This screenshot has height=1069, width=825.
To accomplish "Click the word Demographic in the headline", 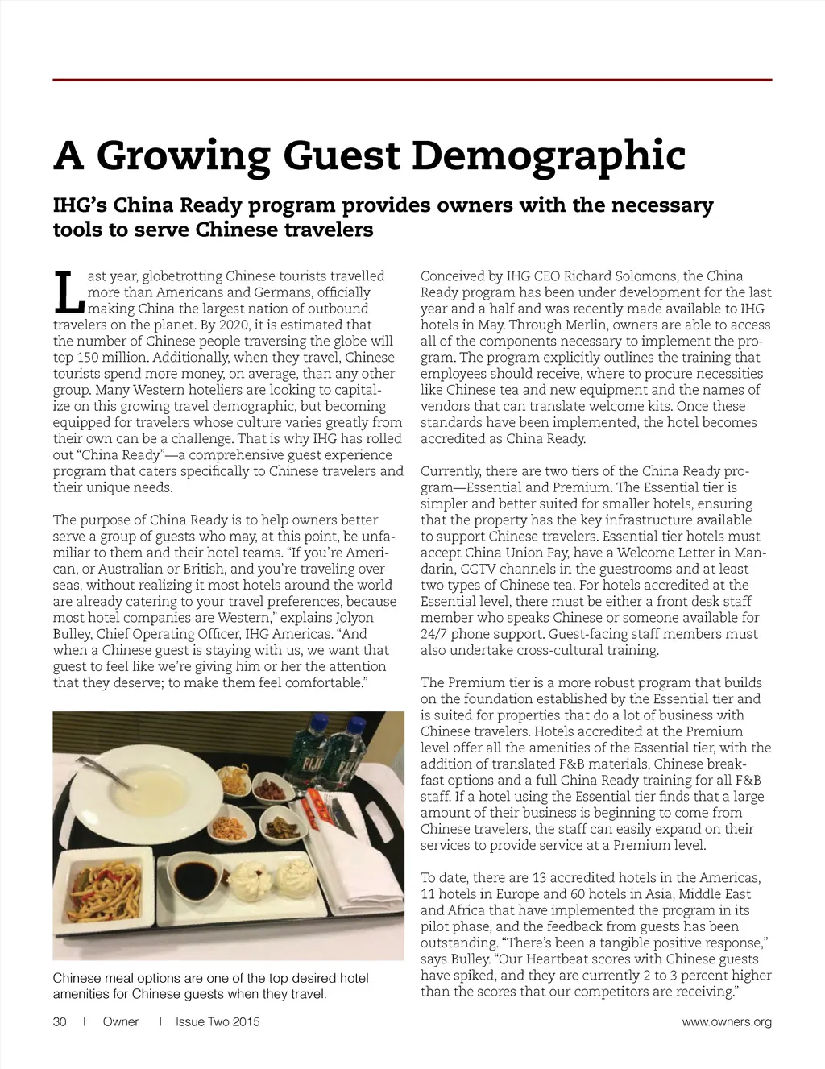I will pos(549,156).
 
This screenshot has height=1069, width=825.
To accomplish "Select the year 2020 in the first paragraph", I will pos(234,325).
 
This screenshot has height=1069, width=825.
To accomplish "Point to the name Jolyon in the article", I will pos(354,618).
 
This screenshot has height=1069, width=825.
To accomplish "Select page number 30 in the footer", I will pos(60,1022).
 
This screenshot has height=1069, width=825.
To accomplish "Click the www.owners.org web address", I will pos(727,1022).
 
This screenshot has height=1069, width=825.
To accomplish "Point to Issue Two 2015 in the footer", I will pos(218,1022).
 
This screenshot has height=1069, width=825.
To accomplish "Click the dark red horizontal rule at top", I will pos(412,80).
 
